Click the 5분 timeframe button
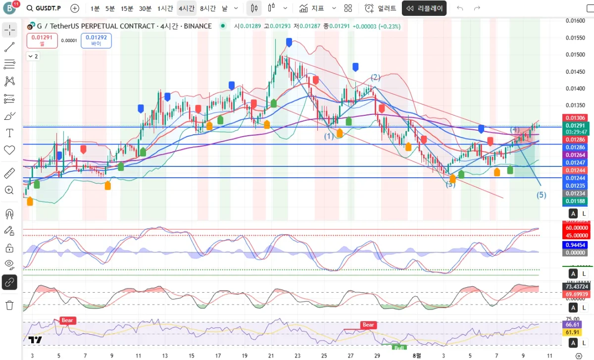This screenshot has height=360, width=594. click(110, 8)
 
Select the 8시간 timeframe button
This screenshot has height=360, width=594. click(207, 8)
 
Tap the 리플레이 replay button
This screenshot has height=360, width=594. click(424, 8)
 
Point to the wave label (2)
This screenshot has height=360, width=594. click(376, 77)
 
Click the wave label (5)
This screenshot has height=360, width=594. click(542, 195)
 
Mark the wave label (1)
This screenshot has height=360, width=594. click(329, 136)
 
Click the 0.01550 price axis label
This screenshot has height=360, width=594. click(575, 38)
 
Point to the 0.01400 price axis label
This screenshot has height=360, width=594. click(575, 89)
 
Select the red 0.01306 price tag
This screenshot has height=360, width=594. click(575, 118)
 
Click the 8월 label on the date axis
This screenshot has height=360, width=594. click(417, 355)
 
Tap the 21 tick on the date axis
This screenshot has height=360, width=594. click(271, 355)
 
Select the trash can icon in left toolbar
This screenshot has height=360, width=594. click(9, 305)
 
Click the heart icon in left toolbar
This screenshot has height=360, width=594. click(9, 150)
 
